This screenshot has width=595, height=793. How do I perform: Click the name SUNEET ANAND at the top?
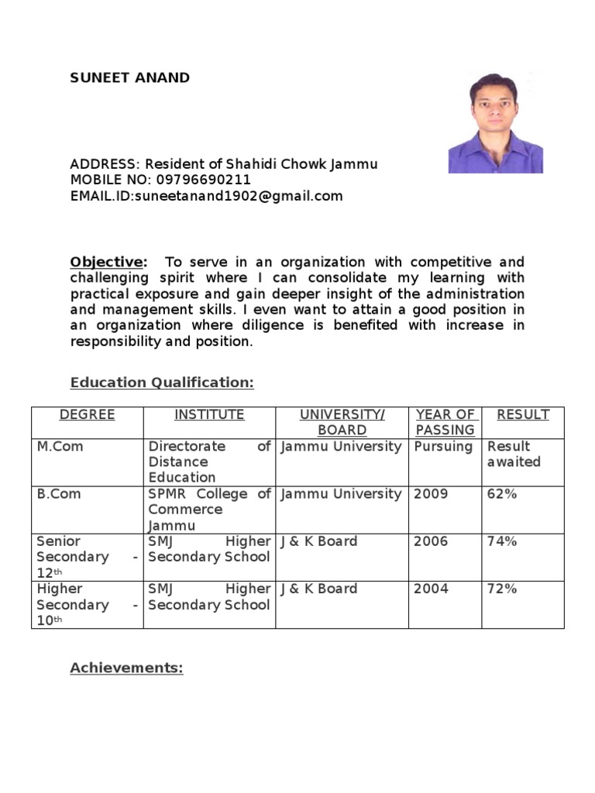click(x=129, y=77)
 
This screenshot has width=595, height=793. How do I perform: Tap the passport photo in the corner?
click(x=495, y=122)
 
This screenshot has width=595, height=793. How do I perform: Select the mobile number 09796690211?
click(x=205, y=180)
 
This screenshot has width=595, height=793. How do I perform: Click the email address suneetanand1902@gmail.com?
click(x=239, y=197)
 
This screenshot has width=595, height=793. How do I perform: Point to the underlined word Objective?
click(x=107, y=262)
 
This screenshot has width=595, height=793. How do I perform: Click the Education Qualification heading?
click(x=162, y=383)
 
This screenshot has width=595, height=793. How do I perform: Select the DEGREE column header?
click(x=87, y=415)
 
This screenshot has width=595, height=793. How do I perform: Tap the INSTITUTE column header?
click(x=209, y=415)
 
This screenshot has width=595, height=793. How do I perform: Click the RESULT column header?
click(x=523, y=415)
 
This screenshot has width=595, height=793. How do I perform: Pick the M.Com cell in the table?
click(x=60, y=447)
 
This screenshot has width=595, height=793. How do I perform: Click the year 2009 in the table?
click(x=431, y=494)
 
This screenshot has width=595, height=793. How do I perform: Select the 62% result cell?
click(x=502, y=494)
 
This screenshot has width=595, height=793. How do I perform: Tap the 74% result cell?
click(x=502, y=541)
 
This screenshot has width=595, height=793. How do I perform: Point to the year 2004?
click(x=431, y=589)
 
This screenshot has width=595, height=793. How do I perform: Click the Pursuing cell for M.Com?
click(x=443, y=447)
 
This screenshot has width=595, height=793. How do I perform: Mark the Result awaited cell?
click(x=514, y=455)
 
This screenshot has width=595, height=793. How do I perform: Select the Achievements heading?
click(x=126, y=668)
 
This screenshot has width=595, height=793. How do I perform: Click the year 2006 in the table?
click(x=431, y=541)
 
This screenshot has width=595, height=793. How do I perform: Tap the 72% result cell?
click(x=502, y=589)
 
